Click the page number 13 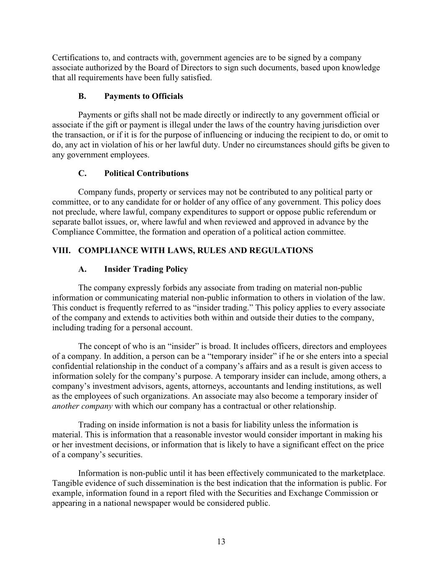[x=221, y=542]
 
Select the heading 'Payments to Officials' [x=143, y=96]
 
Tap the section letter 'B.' [x=82, y=96]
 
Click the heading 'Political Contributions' [x=146, y=173]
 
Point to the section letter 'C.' [x=82, y=173]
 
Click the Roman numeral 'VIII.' [x=62, y=251]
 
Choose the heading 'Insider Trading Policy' [x=146, y=269]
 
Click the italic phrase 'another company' [x=82, y=406]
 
